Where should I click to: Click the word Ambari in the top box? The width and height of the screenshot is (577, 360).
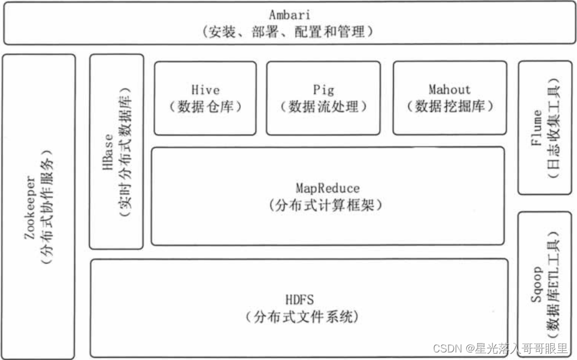(288, 15)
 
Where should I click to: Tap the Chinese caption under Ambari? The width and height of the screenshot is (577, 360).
(288, 32)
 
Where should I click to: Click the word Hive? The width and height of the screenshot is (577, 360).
(205, 90)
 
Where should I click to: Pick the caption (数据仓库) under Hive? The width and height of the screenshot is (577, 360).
(205, 107)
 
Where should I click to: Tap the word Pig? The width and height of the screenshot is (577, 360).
(323, 90)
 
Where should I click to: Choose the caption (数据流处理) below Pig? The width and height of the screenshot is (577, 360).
(323, 107)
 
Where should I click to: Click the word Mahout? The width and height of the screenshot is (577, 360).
(449, 89)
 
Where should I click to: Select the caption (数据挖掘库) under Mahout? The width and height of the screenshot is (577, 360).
(449, 107)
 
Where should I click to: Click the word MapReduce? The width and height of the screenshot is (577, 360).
(327, 188)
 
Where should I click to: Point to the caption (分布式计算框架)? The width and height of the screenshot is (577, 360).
(327, 205)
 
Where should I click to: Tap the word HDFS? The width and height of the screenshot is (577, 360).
(299, 300)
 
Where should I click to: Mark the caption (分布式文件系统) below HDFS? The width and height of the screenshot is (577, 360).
(299, 317)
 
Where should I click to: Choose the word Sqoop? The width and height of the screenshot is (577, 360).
(537, 286)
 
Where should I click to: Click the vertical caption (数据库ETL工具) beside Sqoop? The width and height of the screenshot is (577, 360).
(553, 286)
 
